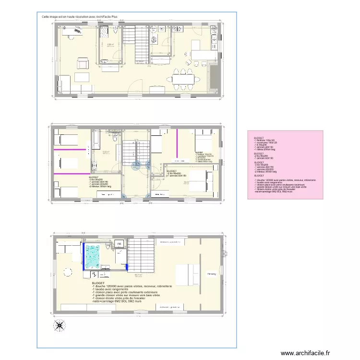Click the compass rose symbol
coord(60,325)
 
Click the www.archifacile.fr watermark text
coord(305,353)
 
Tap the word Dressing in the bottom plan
coord(211,275)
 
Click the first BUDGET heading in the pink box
coord(259,137)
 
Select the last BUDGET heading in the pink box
coord(259,176)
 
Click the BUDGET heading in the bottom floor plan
coord(98,284)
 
